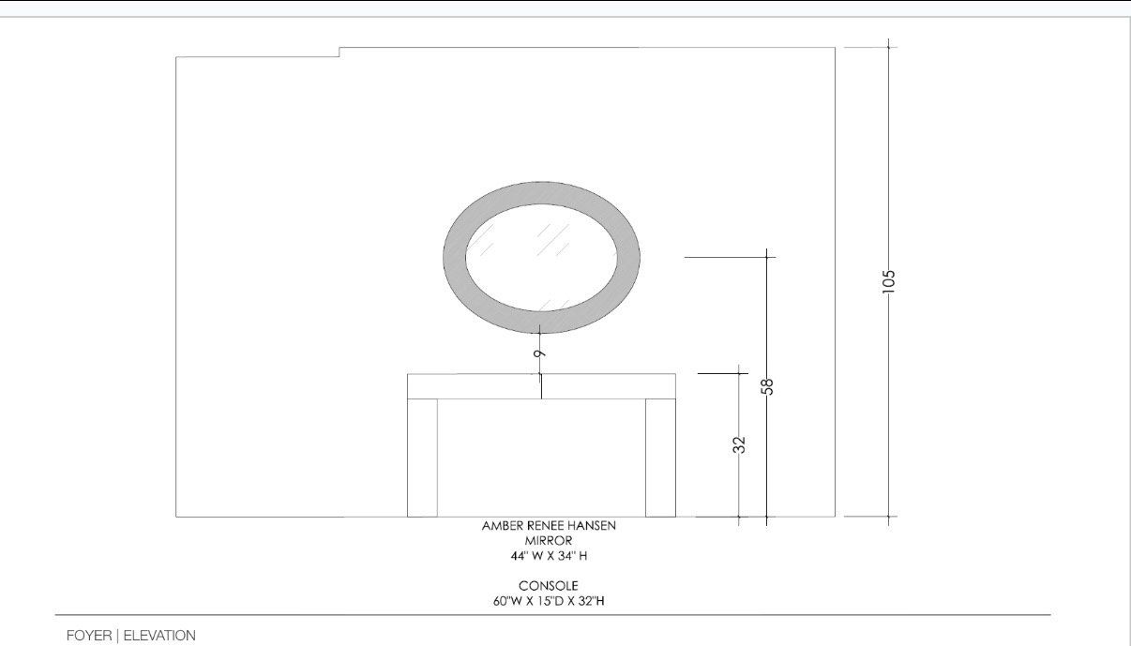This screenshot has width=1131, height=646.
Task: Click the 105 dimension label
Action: pyautogui.click(x=889, y=281)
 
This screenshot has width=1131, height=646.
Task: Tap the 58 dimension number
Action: pyautogui.click(x=767, y=386)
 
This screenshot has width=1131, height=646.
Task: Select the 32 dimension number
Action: pyautogui.click(x=739, y=444)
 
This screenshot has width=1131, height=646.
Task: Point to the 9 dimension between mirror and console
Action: pyautogui.click(x=539, y=353)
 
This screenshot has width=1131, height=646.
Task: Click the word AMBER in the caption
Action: pyautogui.click(x=501, y=526)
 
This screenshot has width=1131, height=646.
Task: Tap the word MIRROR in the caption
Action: pyautogui.click(x=549, y=541)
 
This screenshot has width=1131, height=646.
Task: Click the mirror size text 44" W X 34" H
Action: pyautogui.click(x=549, y=556)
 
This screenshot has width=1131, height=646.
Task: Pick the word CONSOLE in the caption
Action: pyautogui.click(x=549, y=586)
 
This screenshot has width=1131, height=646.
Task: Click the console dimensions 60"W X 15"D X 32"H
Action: pyautogui.click(x=549, y=601)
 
